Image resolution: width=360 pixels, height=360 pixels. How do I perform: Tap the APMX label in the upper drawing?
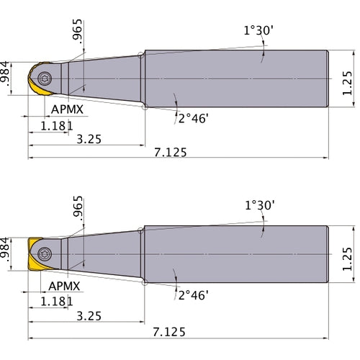68,109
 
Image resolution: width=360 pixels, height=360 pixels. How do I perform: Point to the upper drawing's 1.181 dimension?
56,125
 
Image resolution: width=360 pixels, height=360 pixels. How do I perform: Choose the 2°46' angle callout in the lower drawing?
192,294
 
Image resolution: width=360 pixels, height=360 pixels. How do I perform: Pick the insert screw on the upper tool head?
46,78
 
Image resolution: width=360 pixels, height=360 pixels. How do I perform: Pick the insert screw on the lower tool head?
45,253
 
